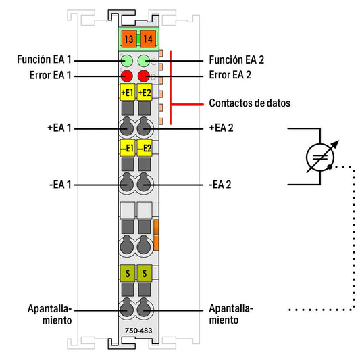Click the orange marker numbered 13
129,39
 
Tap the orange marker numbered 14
148,39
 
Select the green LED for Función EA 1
127,61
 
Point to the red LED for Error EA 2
144,76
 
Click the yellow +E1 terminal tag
128,92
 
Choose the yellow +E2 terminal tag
145,92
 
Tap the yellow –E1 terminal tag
128,148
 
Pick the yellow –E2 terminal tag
145,148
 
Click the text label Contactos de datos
250,103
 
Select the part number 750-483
138,331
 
